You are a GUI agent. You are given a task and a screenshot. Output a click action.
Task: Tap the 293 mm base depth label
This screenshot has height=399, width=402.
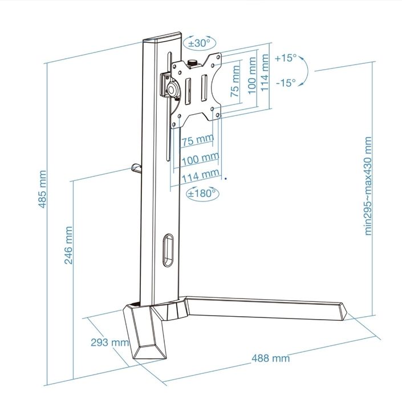pos(110,342)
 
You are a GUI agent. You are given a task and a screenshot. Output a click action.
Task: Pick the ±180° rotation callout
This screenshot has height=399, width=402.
pos(203,194)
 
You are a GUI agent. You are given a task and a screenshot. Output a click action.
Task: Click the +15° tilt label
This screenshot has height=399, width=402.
pos(285,58)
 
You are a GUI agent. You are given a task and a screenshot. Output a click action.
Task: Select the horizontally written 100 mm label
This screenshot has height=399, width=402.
pos(200,158)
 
